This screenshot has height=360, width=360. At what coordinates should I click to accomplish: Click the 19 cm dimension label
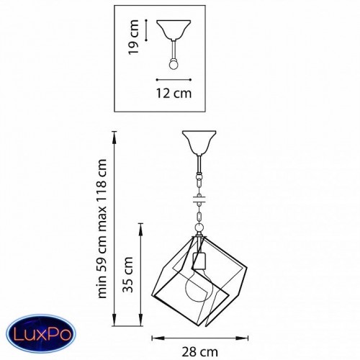pos(134,37)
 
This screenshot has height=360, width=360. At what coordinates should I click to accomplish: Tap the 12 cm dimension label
pos(174,93)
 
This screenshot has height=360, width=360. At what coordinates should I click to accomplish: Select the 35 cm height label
pos(128,274)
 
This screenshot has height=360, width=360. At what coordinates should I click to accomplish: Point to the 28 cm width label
pos(200,352)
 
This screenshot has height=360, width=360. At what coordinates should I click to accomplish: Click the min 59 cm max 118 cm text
pos(102,228)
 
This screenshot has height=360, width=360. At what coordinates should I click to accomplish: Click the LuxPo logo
pos(41,333)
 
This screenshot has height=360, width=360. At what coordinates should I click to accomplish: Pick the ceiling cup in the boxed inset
pos(174,30)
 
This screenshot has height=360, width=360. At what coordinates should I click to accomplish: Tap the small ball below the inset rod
pos(174,64)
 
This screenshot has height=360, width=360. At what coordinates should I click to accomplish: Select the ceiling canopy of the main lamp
pos(199,143)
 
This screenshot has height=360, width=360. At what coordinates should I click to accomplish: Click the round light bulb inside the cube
pos(199,286)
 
